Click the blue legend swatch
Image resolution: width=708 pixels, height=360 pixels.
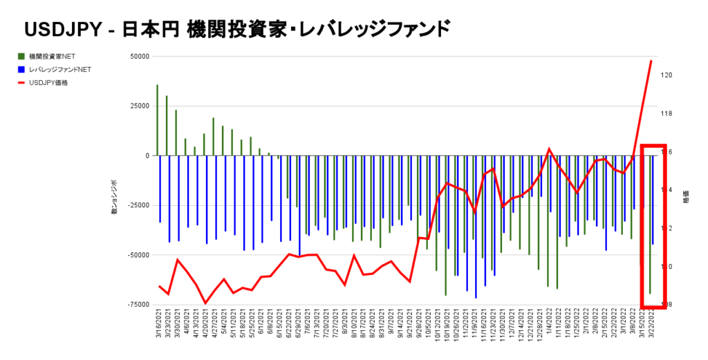[x=22, y=69]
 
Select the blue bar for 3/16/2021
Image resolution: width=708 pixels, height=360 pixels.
[x=160, y=189]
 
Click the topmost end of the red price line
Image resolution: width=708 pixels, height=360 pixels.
[x=651, y=61]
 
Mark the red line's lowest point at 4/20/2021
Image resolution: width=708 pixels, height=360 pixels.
[x=205, y=303]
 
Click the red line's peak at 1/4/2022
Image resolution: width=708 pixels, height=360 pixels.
[x=549, y=149]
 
